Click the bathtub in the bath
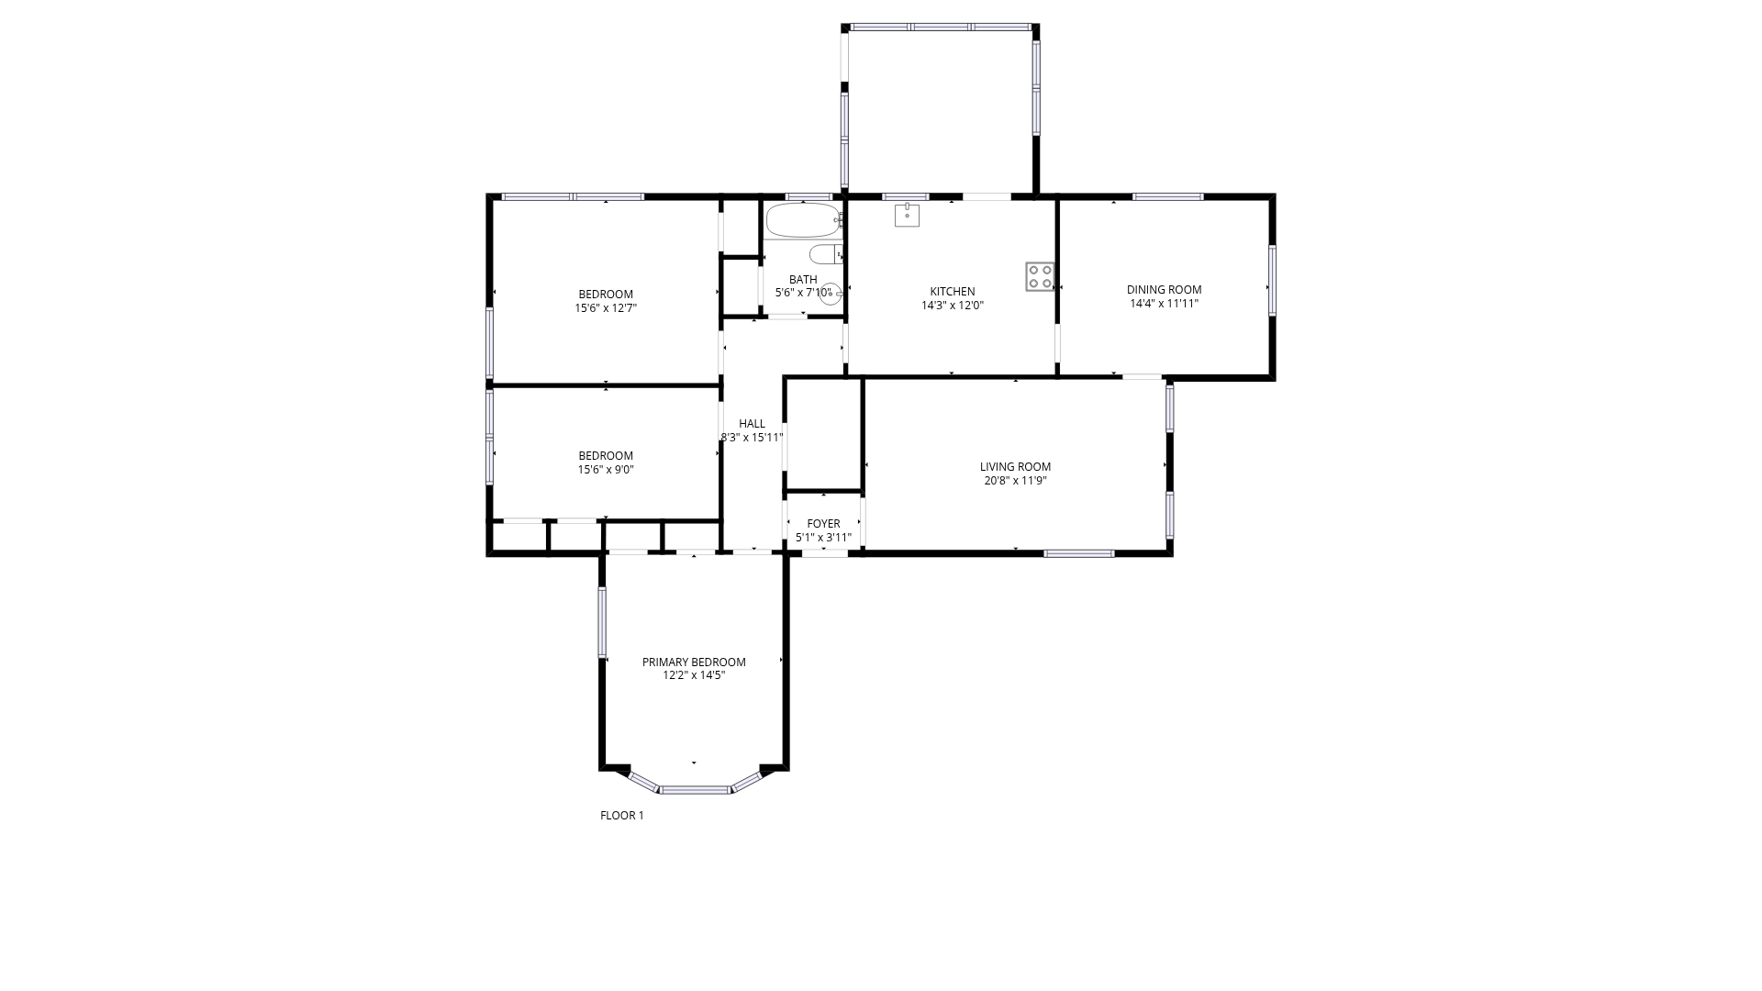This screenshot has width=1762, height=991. pos(803,220)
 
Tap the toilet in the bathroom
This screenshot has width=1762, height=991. pos(826,254)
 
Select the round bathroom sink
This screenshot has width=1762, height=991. pos(831,294)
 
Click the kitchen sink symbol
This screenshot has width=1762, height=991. pos(907,215)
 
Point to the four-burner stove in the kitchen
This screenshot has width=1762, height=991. pos(1040,276)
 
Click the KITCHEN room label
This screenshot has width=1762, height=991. pos(953,292)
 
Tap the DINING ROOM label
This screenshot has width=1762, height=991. pos(1164,290)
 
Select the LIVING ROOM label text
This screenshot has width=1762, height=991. pos(1015,467)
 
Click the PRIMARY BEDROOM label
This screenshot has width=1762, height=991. pos(694,663)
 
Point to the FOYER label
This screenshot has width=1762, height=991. pos(823,524)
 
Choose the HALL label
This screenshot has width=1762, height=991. pos(752,424)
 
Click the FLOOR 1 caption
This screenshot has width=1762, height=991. pos(622,816)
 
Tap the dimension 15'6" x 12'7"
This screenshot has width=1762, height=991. pos(606,308)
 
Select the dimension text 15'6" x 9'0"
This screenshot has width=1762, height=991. pos(606,470)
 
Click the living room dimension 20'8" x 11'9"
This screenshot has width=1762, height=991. pos(1015,480)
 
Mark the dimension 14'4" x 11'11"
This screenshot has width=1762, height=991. pos(1164,303)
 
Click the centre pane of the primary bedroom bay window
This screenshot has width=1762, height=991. pos(696,789)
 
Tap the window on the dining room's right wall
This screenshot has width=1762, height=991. pos(1272,281)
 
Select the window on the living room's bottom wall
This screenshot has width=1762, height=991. pos(1079,553)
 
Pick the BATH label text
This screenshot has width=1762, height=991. pos(803,280)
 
